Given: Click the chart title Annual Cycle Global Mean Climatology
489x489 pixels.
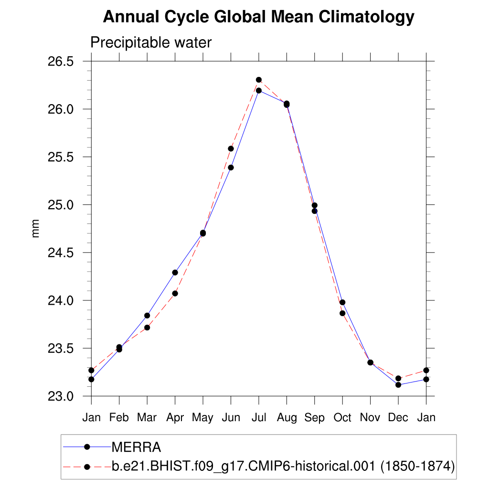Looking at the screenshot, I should click(258, 17).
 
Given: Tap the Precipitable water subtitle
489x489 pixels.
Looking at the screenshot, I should click(151, 43).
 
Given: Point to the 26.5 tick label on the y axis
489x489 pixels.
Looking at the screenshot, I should click(60, 62).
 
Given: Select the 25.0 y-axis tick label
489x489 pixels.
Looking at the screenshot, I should click(60, 205).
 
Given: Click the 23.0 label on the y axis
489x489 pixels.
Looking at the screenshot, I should click(60, 396).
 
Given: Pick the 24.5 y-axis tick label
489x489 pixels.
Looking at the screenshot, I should click(60, 253).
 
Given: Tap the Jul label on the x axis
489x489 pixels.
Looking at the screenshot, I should click(259, 418).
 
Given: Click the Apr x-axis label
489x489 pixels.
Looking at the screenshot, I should click(175, 418).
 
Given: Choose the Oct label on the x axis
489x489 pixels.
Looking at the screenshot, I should click(342, 418).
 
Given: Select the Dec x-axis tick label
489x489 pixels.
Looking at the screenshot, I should click(398, 418).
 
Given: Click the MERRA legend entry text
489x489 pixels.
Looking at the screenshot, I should click(137, 447).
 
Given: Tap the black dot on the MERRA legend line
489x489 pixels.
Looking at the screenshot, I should click(87, 446).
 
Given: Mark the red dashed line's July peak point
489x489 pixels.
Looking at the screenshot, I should click(259, 80).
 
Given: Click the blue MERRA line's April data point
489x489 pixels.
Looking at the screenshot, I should click(175, 273).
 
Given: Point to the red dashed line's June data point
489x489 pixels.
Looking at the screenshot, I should click(231, 149).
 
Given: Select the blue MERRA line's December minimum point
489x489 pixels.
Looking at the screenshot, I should click(398, 385).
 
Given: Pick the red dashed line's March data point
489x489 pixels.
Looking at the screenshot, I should click(147, 328).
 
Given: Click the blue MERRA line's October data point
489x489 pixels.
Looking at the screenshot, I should click(342, 302).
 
